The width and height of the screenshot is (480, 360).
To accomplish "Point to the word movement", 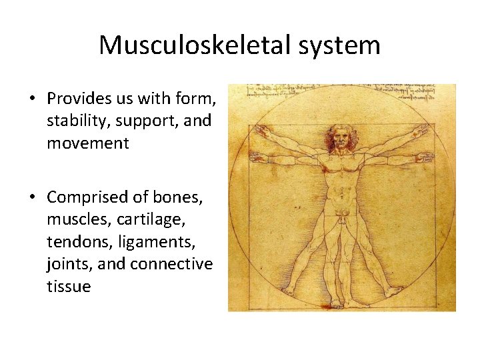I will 87,143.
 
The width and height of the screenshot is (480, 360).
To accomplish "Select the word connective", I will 171,264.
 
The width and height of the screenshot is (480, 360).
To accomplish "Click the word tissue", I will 68,286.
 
